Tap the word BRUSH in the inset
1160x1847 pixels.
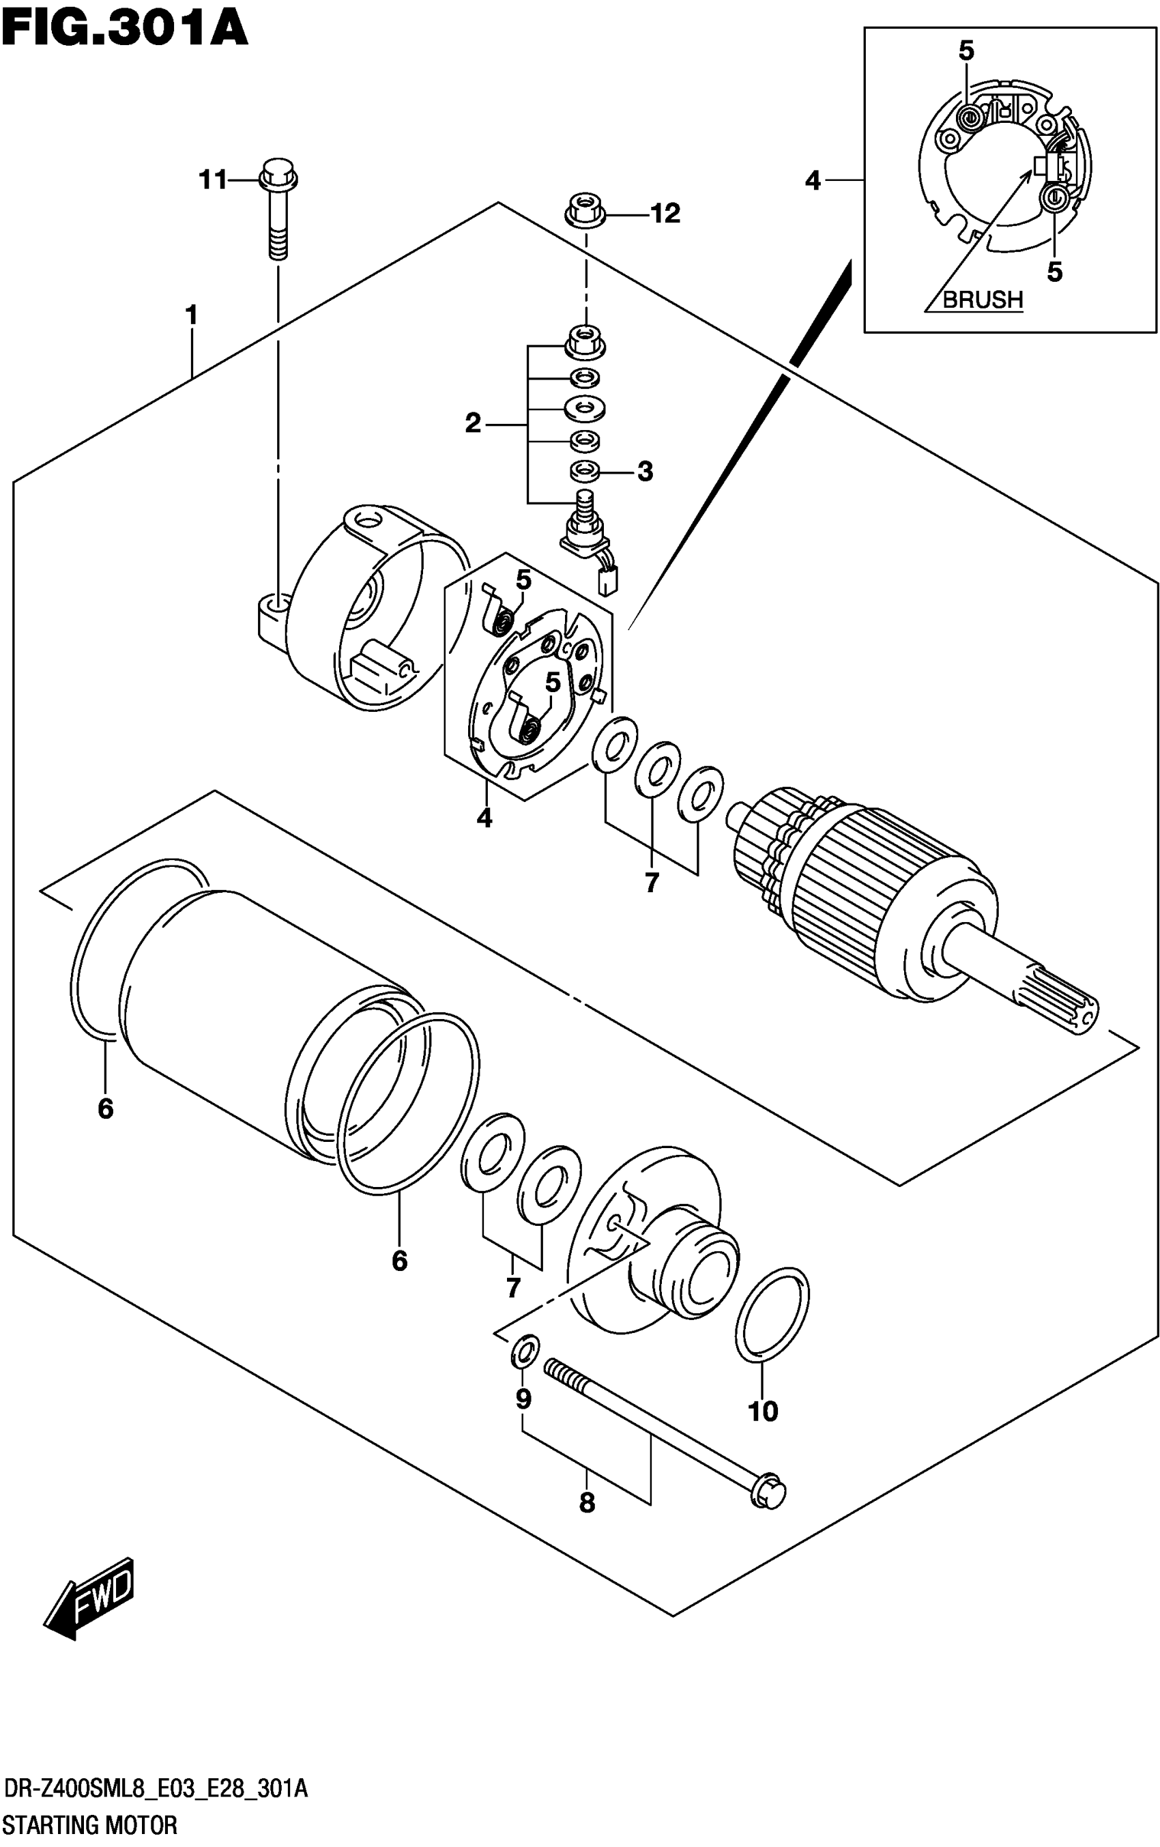point(982,299)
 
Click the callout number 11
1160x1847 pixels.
point(212,180)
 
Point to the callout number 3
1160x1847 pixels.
point(645,471)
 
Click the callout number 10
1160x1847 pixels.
point(763,1411)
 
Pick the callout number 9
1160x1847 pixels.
point(523,1400)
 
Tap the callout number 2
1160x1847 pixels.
point(473,423)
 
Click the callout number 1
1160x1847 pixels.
point(191,315)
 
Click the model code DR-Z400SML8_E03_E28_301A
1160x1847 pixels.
point(156,1790)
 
